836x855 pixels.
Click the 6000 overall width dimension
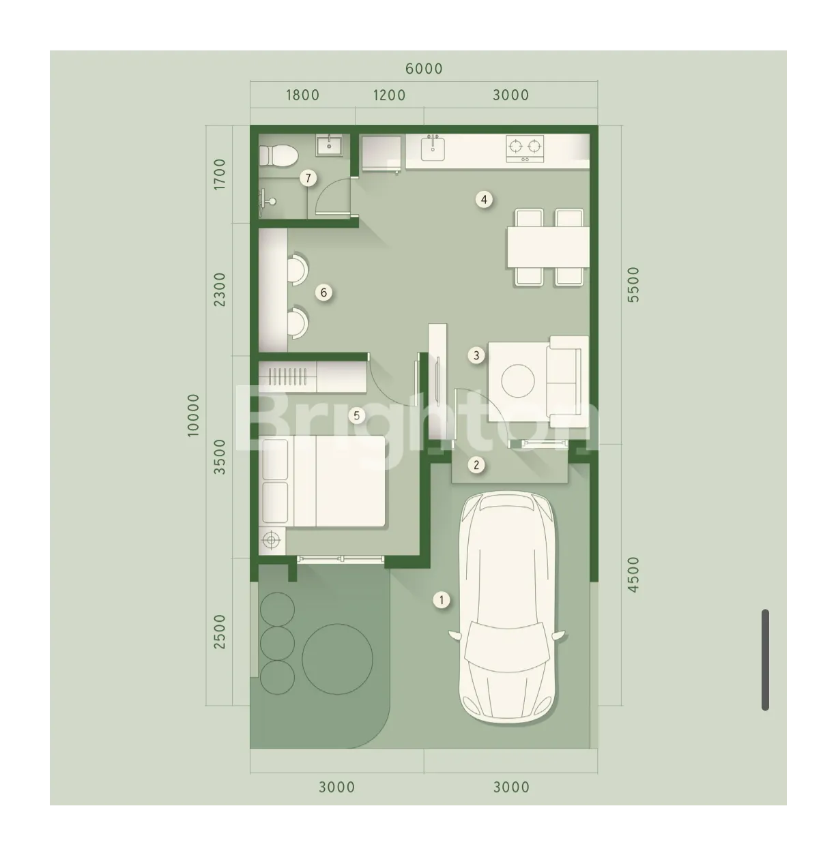[424, 69]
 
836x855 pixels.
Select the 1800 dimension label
[302, 95]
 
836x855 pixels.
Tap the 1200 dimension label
[389, 95]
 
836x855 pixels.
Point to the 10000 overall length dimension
[193, 415]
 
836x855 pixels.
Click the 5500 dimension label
[633, 285]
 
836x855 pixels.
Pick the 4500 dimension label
[633, 575]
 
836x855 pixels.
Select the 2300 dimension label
[219, 290]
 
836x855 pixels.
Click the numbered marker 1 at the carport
[442, 600]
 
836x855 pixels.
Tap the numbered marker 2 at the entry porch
[476, 464]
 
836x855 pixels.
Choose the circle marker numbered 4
[484, 200]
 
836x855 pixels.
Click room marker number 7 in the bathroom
[308, 178]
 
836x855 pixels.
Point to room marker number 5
[357, 415]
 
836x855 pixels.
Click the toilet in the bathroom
[278, 155]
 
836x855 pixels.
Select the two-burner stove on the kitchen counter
[525, 149]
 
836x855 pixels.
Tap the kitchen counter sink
[433, 148]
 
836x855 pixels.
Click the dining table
[548, 247]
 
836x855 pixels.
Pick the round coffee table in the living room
[517, 381]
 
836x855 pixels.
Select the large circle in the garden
[337, 659]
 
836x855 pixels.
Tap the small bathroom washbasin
[328, 145]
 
